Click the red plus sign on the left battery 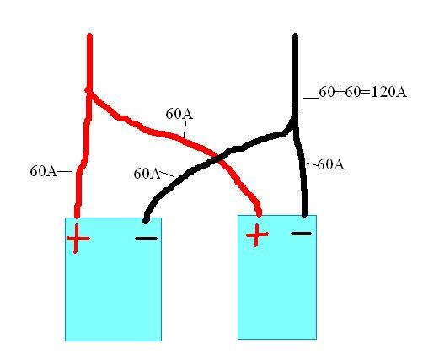tap(78, 239)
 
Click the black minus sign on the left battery tap(146, 239)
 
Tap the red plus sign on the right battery tap(257, 234)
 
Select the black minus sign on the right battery tap(302, 234)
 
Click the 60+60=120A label tap(363, 92)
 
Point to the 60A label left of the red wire tap(43, 170)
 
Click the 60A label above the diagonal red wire tap(179, 114)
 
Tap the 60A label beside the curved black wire tap(147, 174)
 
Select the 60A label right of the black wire tap(331, 164)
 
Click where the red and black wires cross tap(218, 159)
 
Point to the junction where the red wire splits tap(89, 90)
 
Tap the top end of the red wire tap(89, 35)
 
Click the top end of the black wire tap(295, 35)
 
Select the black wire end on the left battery tap(146, 221)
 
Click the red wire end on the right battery tap(259, 214)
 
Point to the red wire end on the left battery tap(77, 216)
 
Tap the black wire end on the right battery tap(305, 215)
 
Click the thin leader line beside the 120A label tap(319, 99)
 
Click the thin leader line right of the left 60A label tap(65, 171)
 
